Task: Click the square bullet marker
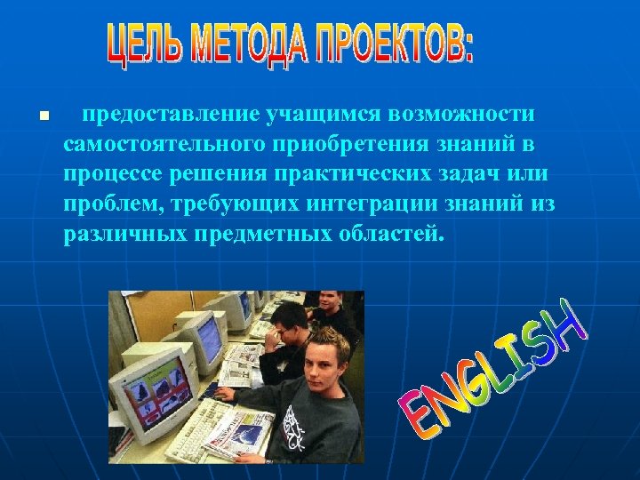pyautogui.click(x=44, y=116)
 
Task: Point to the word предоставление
pyautogui.click(x=171, y=115)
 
